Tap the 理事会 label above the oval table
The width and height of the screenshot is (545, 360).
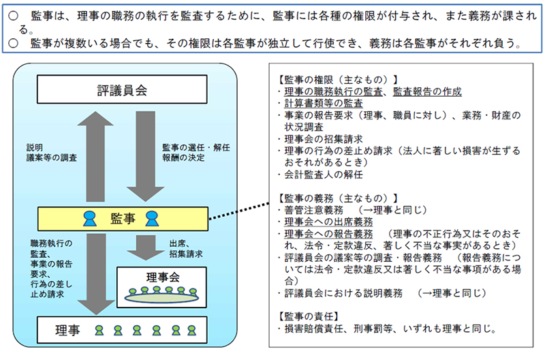(x=161, y=277)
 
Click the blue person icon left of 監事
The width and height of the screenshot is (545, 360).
(x=89, y=219)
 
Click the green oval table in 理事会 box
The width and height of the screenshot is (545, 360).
(x=161, y=296)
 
